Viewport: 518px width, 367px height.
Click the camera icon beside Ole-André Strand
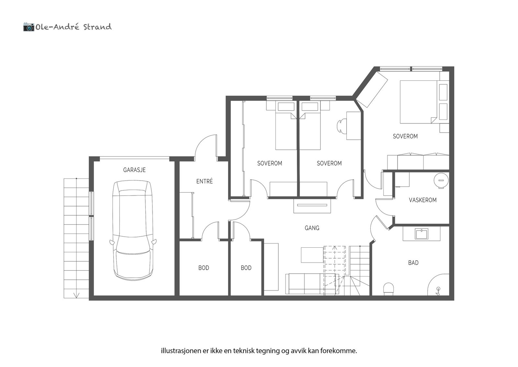[x=28, y=27]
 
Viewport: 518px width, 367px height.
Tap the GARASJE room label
[x=134, y=170]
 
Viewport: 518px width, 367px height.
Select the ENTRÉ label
[x=205, y=182]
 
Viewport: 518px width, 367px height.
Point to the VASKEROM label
[x=422, y=200]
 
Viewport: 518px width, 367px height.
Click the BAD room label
[x=413, y=263]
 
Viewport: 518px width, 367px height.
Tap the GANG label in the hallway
[x=312, y=228]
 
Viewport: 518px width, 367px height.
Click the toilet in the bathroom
[x=388, y=289]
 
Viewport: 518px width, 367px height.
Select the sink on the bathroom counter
[x=422, y=234]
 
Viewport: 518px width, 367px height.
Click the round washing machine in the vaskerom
[x=441, y=180]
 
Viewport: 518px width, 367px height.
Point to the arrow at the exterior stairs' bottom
[x=76, y=295]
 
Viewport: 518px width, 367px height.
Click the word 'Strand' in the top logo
[x=97, y=27]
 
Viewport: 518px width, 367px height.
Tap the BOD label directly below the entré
[x=204, y=268]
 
